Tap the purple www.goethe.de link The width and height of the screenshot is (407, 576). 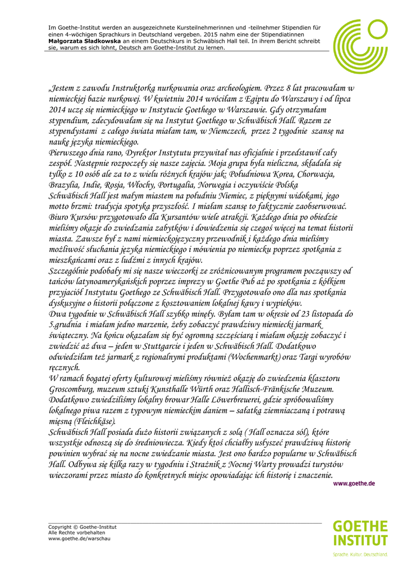coord(354,483)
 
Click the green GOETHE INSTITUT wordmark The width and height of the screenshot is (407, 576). coord(360,533)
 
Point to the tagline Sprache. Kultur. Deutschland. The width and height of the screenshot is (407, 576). coord(360,554)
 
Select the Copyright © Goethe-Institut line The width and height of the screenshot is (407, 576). coord(83,526)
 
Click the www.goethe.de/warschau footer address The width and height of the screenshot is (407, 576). coord(79,538)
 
